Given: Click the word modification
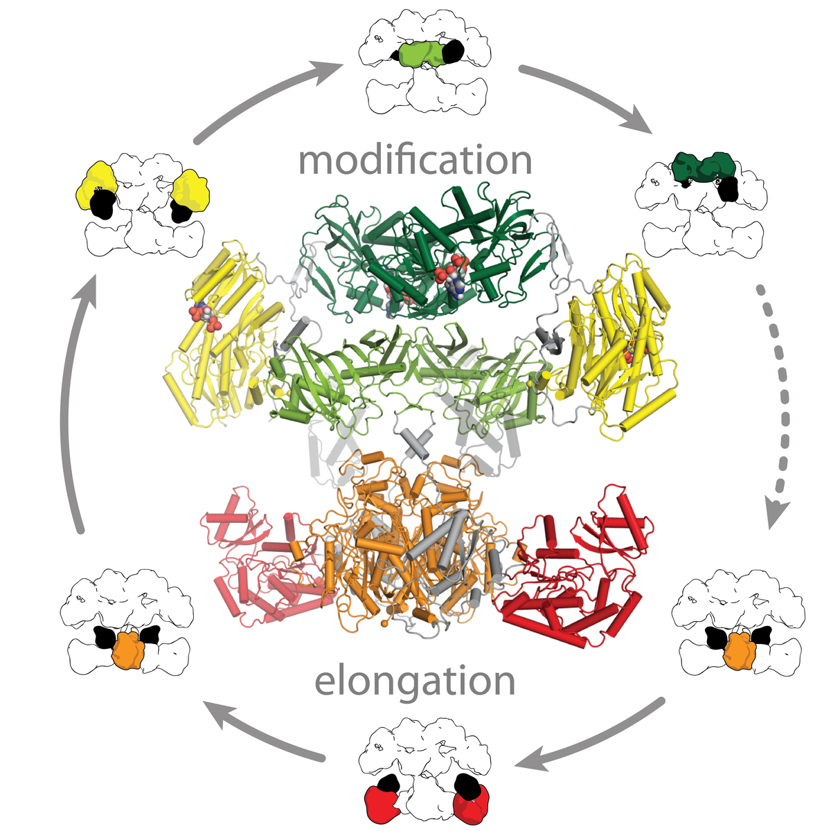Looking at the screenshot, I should [415, 161].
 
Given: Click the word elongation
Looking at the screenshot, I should [415, 682].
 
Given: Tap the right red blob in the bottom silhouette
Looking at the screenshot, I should [473, 803].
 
